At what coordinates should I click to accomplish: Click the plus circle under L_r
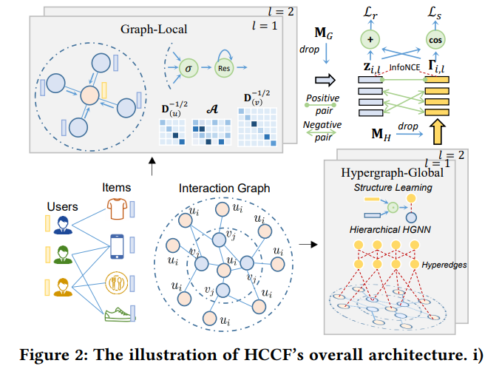pyautogui.click(x=369, y=40)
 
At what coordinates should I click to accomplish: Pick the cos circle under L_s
pyautogui.click(x=436, y=40)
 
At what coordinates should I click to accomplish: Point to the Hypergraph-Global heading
pyautogui.click(x=392, y=172)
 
